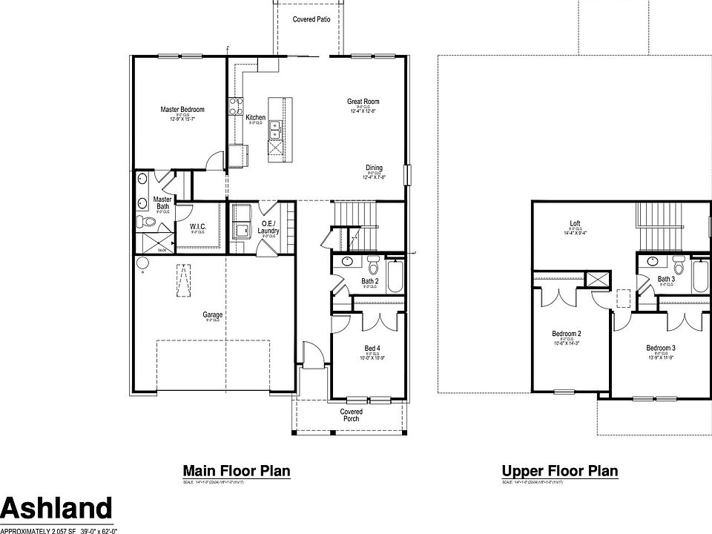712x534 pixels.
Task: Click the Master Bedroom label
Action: click(x=182, y=110)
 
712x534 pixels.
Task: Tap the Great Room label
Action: click(x=363, y=102)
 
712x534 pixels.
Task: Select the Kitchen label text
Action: click(x=255, y=118)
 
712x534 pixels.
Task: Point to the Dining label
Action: click(x=373, y=168)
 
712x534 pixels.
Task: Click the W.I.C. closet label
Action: click(x=197, y=227)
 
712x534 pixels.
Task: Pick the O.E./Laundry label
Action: click(x=268, y=227)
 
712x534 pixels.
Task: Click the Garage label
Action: click(x=213, y=314)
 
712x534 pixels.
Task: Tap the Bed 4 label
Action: click(x=372, y=349)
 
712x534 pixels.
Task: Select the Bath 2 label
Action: click(x=370, y=282)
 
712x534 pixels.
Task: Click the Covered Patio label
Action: click(x=311, y=19)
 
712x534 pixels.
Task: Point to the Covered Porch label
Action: click(x=351, y=415)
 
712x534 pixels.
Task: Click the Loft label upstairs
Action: click(x=575, y=222)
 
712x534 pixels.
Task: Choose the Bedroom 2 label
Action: click(x=567, y=334)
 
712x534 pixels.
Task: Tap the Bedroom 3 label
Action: click(x=661, y=349)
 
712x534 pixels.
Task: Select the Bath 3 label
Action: click(x=666, y=280)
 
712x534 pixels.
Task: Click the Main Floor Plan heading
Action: click(x=236, y=471)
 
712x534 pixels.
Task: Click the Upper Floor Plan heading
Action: click(x=559, y=471)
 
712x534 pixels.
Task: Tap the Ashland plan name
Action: click(x=56, y=509)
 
